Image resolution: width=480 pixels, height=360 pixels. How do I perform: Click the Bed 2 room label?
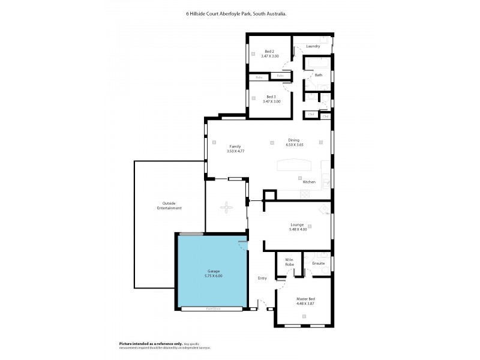click(x=269, y=52)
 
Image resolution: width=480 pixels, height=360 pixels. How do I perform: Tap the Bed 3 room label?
click(x=271, y=97)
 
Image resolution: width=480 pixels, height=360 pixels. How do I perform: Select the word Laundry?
click(x=313, y=46)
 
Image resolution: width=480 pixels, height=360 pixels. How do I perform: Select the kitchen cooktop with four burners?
click(x=304, y=194)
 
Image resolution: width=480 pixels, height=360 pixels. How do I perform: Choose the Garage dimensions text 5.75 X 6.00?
click(x=212, y=276)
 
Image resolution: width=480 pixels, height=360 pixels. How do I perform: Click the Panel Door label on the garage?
click(x=212, y=309)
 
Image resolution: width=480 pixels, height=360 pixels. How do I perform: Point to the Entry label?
click(x=262, y=278)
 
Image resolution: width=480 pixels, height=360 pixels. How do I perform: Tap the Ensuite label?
click(x=319, y=263)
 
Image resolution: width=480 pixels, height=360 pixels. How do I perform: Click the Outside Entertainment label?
click(x=169, y=205)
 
